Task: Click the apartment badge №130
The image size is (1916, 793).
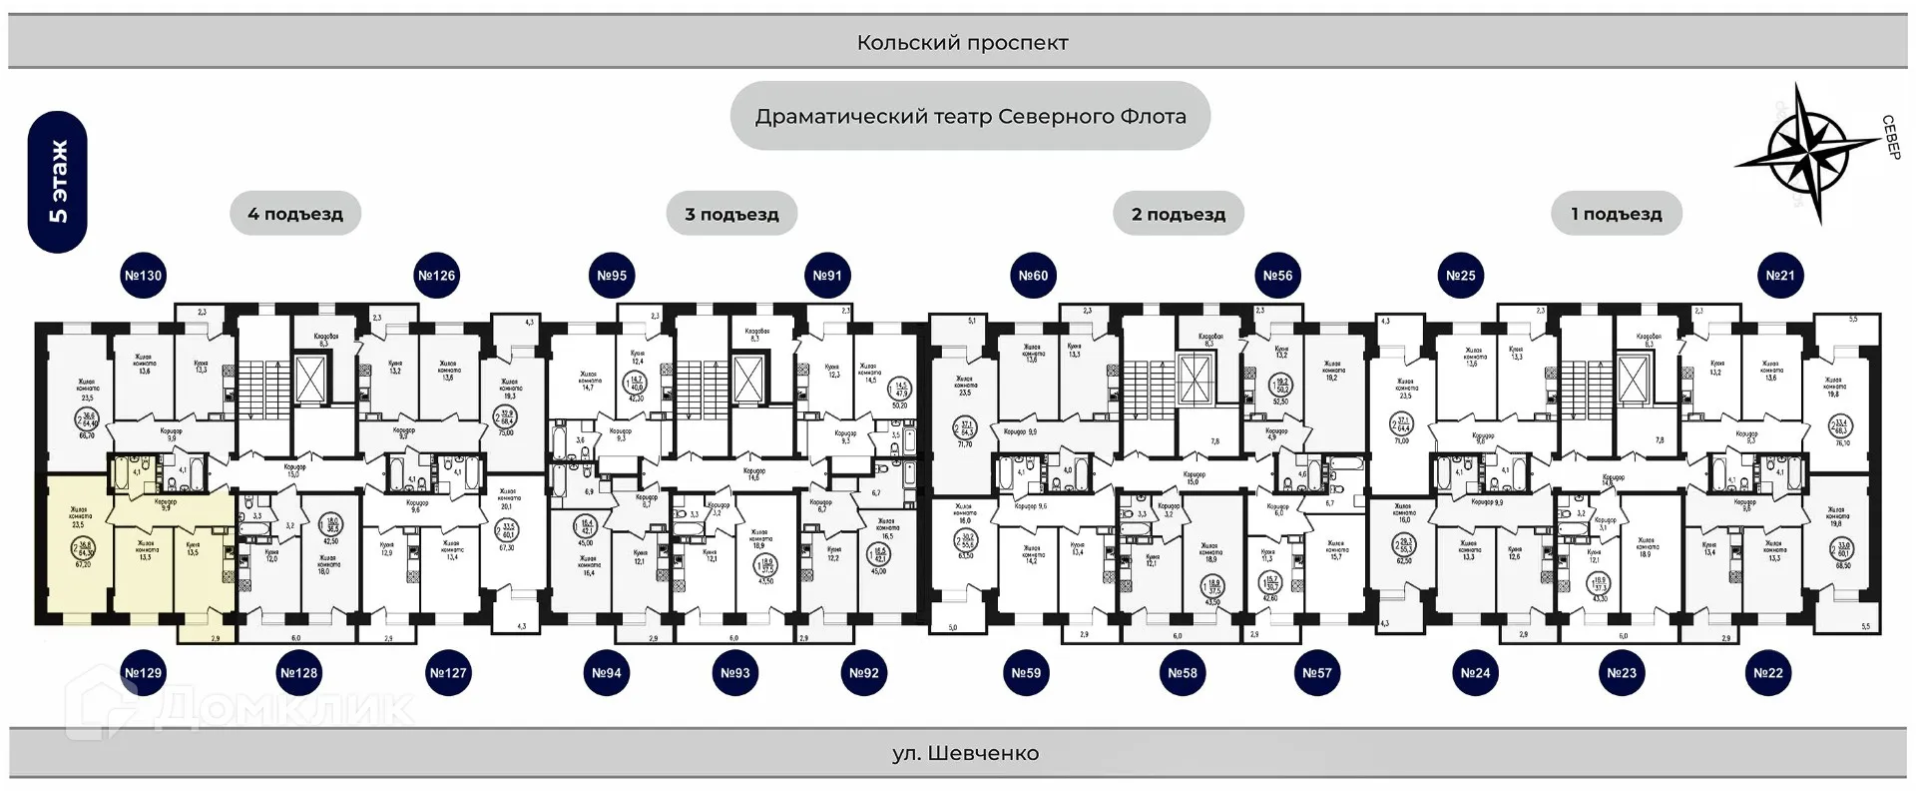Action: click(x=143, y=276)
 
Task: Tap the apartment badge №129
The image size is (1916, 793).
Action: click(x=143, y=673)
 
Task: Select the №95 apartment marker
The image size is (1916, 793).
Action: click(x=612, y=276)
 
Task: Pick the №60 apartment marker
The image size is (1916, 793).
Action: click(x=1033, y=276)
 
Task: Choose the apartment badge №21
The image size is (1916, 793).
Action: click(x=1780, y=276)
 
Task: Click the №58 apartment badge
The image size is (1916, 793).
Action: click(x=1183, y=673)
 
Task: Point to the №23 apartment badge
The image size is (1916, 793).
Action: click(x=1622, y=673)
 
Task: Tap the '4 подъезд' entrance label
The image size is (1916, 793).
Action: click(x=295, y=214)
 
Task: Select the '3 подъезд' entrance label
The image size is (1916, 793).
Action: click(x=731, y=214)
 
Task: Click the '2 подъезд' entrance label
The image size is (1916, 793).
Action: click(x=1179, y=214)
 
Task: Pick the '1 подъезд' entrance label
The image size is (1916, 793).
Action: click(x=1617, y=214)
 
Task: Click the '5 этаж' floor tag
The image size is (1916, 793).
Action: click(x=58, y=182)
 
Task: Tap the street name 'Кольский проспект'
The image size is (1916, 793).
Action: click(x=962, y=43)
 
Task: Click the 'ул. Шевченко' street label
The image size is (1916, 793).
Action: click(x=965, y=753)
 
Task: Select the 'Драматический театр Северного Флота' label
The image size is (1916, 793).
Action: click(x=970, y=117)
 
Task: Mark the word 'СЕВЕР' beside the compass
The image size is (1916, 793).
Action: click(x=1891, y=137)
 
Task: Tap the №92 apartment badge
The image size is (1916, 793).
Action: click(x=864, y=673)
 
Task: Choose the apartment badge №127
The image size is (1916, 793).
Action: click(x=448, y=673)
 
